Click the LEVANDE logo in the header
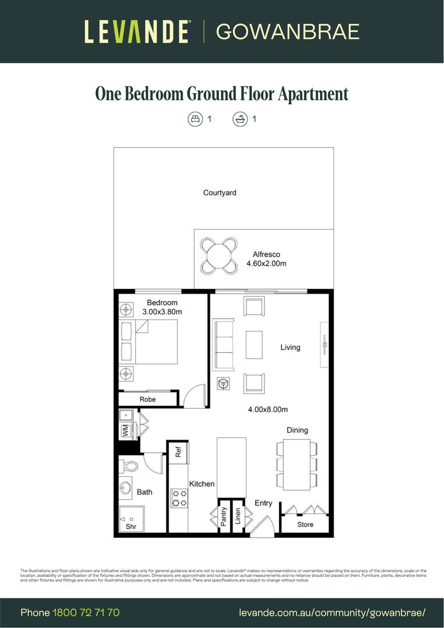click(137, 31)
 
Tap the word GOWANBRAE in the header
click(288, 31)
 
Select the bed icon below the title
click(195, 119)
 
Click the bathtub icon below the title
click(239, 119)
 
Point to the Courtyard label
click(220, 192)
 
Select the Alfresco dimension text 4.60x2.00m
click(266, 263)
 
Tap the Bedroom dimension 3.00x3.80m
click(162, 312)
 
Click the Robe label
click(148, 399)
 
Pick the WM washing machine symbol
click(125, 431)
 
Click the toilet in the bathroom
click(130, 466)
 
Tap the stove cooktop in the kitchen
click(180, 498)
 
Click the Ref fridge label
click(179, 452)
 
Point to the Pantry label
click(224, 516)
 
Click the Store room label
click(305, 524)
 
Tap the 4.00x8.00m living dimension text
click(268, 409)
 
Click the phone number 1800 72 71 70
click(86, 612)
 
